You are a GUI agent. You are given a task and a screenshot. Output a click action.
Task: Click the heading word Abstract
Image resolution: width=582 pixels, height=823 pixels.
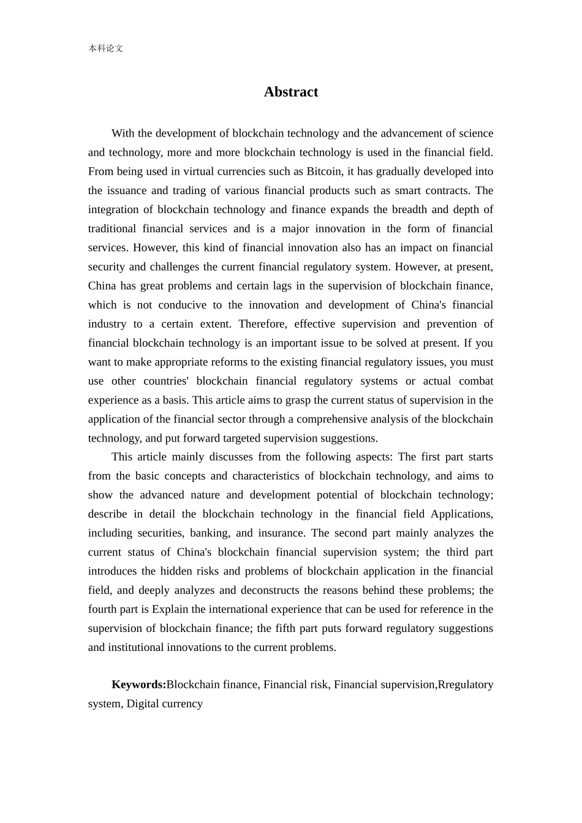291,92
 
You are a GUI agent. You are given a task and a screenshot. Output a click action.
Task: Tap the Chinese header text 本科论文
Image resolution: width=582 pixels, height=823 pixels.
105,48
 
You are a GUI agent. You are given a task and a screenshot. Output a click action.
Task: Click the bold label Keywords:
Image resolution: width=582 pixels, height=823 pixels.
138,685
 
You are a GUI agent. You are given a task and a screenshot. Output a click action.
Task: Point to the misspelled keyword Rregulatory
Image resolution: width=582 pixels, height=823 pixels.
466,685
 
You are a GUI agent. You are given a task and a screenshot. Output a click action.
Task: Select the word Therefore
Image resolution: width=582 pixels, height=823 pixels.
262,324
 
